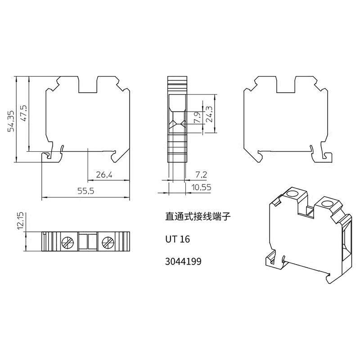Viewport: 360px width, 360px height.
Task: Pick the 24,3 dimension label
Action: [209, 114]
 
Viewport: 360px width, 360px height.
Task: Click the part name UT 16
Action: [177, 239]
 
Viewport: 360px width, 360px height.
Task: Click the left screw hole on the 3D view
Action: [292, 194]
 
